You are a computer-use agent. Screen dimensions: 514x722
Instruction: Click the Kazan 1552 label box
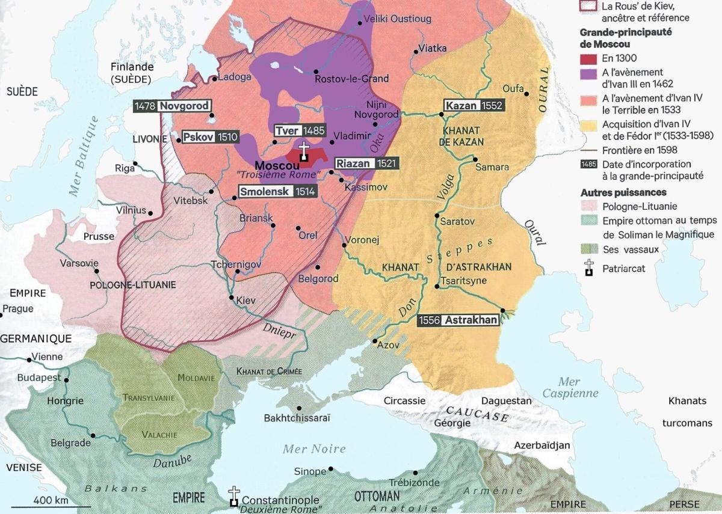pyautogui.click(x=473, y=106)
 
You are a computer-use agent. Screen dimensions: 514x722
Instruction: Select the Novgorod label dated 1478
pyautogui.click(x=172, y=106)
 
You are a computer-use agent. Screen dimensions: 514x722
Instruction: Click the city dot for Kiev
pyautogui.click(x=232, y=298)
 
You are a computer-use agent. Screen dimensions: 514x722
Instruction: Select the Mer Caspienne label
pyautogui.click(x=570, y=387)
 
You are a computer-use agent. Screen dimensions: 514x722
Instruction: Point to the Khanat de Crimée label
pyautogui.click(x=269, y=371)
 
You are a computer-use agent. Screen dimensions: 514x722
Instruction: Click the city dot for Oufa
pyautogui.click(x=526, y=94)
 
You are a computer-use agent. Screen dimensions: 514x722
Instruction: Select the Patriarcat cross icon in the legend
pyautogui.click(x=590, y=268)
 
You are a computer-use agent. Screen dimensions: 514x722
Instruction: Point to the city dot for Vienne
pyautogui.click(x=29, y=359)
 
